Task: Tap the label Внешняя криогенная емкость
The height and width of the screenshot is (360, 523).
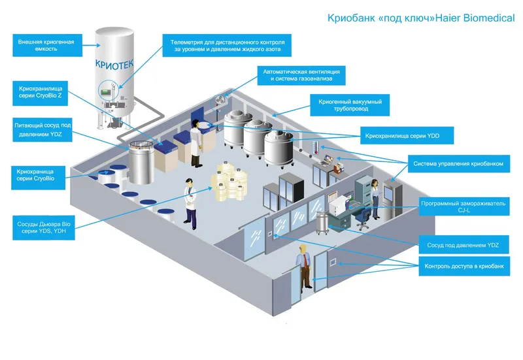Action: [45, 45]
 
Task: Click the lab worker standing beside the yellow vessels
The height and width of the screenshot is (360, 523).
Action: [190, 203]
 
